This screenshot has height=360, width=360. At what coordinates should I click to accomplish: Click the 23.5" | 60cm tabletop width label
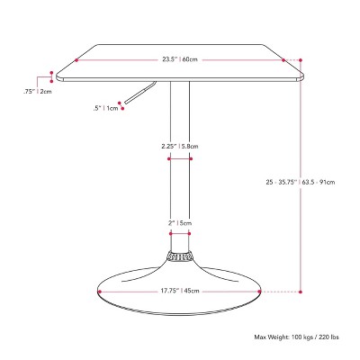(x=179, y=60)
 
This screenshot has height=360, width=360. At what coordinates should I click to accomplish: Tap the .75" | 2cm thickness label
(x=37, y=90)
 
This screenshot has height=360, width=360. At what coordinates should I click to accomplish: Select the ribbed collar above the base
(x=179, y=256)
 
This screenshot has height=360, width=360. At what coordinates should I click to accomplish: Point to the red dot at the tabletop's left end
(x=77, y=60)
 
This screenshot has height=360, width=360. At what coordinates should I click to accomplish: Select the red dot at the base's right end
(x=259, y=291)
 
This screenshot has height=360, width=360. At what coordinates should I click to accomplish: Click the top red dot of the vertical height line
(x=301, y=79)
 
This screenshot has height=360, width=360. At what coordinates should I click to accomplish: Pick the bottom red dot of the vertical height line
(x=301, y=291)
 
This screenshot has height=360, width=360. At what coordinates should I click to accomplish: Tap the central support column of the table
(x=179, y=180)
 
